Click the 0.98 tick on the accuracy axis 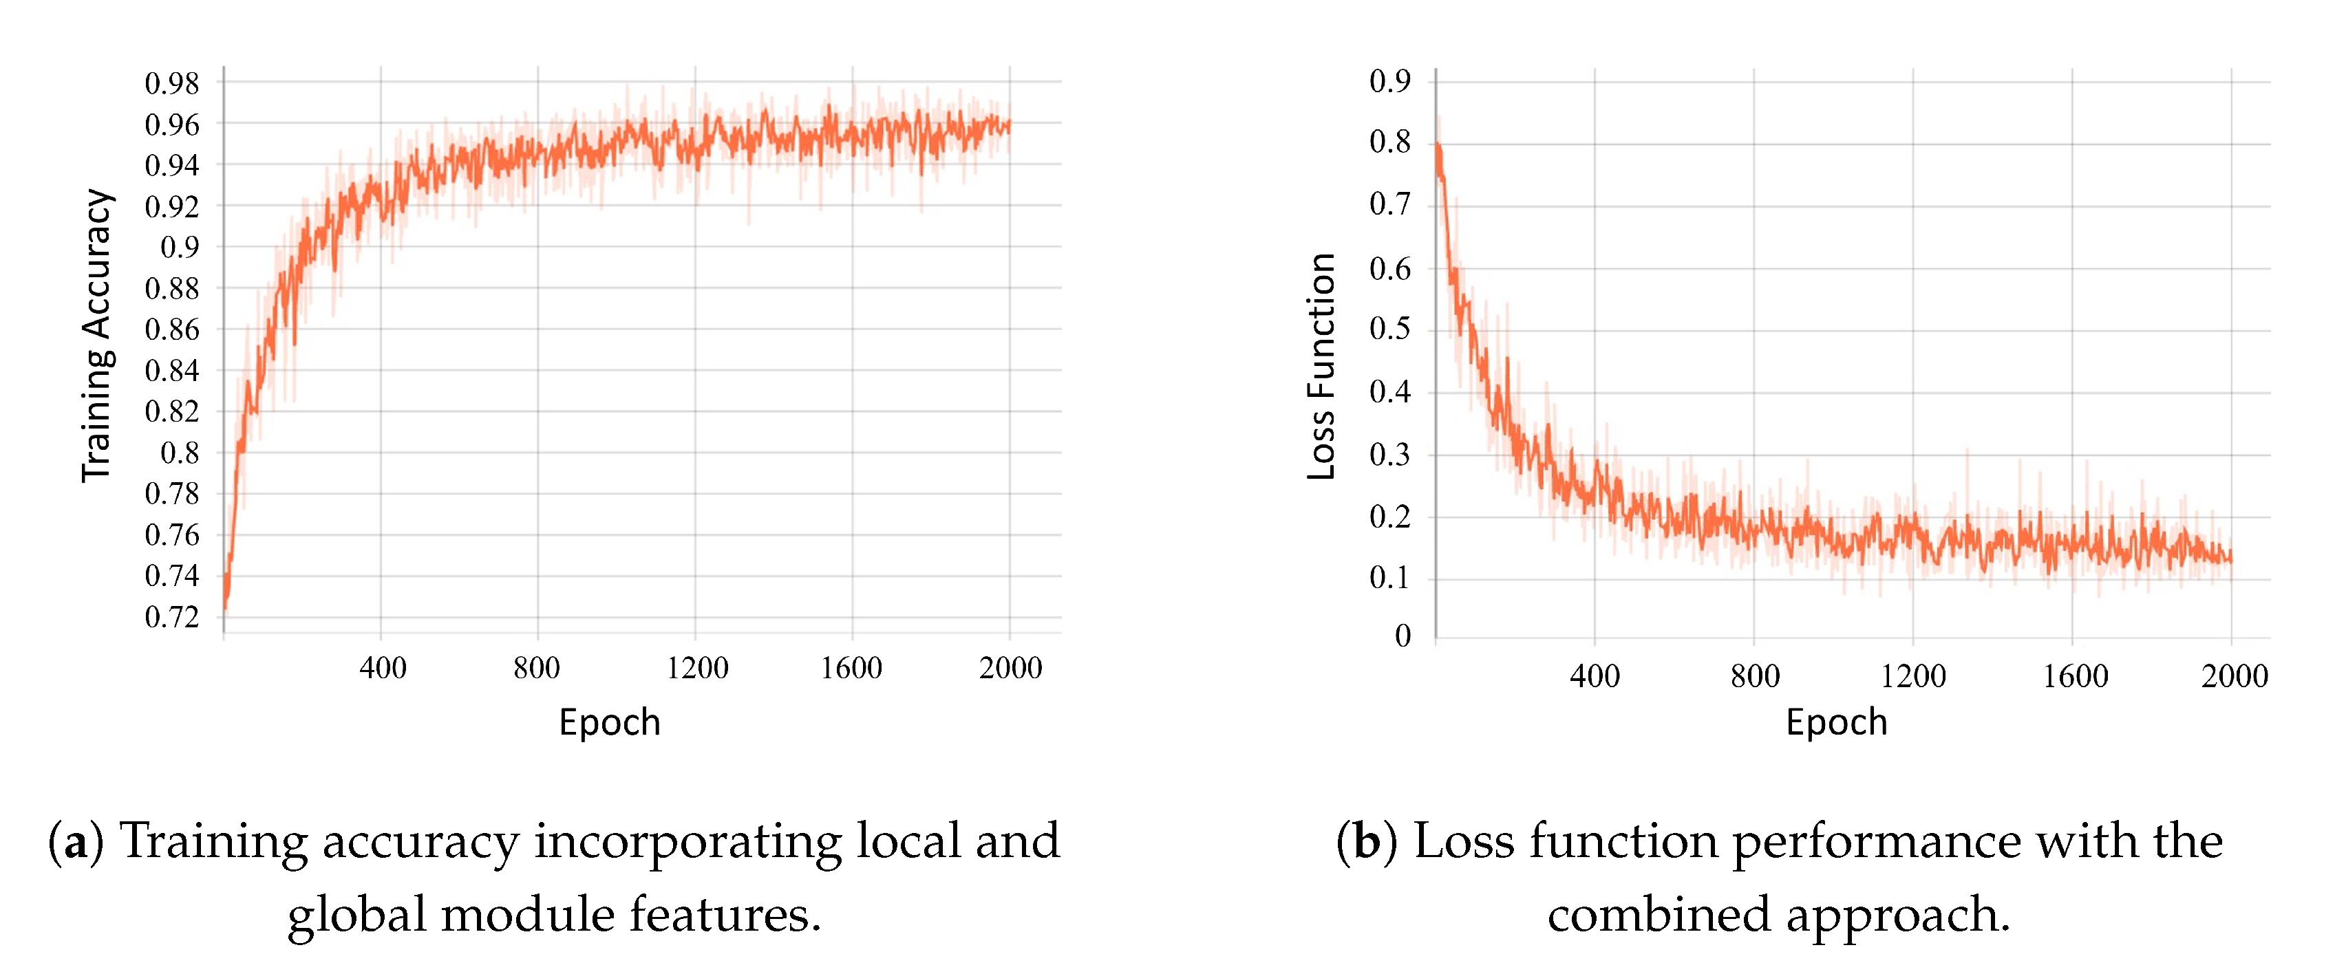pos(171,83)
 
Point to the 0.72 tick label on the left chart pos(171,617)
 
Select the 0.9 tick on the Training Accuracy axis pos(180,248)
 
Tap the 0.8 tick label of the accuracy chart pos(180,453)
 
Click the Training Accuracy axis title pos(97,335)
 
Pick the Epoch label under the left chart pos(609,722)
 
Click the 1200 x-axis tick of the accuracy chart pos(697,669)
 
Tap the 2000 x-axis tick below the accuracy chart pos(1010,669)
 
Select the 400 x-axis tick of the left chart pos(383,669)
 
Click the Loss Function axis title pos(1321,366)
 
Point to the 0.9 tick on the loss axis pos(1389,82)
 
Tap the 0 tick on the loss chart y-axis pos(1403,636)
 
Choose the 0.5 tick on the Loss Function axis pos(1389,329)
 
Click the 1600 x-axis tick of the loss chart pos(2074,676)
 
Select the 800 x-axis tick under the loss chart pos(1755,676)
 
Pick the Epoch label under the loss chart pos(1837,722)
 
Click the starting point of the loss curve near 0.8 pos(1438,145)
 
